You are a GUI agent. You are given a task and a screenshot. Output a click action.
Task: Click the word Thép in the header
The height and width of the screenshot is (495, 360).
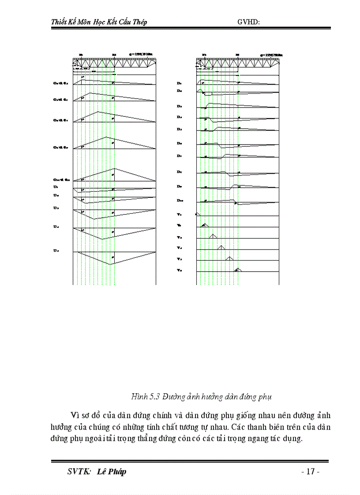(139, 22)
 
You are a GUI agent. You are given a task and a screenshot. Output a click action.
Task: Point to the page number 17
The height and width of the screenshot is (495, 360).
(310, 472)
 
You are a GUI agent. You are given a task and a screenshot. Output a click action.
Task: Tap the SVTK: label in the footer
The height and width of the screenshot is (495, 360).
(79, 472)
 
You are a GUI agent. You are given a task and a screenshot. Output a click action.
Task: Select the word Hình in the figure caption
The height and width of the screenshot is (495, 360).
(139, 397)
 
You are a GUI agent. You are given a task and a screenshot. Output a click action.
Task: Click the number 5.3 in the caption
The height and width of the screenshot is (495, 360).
(154, 397)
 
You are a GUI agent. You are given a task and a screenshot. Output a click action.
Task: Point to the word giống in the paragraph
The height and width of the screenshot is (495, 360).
(232, 416)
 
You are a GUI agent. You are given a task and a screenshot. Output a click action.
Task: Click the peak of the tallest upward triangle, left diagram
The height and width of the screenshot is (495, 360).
(115, 168)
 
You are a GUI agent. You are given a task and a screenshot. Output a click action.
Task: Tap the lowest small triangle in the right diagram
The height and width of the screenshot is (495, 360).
(237, 268)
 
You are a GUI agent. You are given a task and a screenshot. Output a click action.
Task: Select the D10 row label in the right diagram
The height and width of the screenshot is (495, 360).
(180, 201)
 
